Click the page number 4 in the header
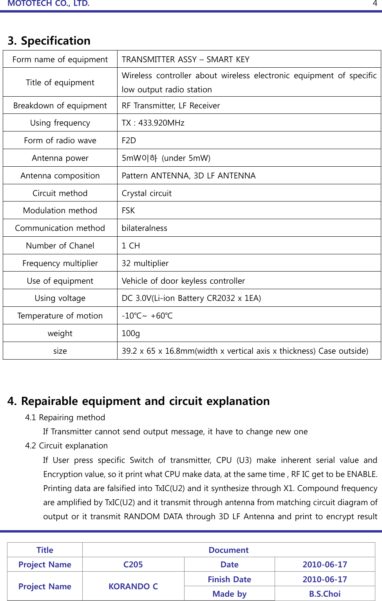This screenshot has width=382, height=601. tap(375, 4)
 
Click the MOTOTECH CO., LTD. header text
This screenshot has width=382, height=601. tap(49, 4)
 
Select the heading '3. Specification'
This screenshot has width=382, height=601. tap(49, 41)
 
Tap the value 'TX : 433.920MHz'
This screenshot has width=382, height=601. tap(153, 123)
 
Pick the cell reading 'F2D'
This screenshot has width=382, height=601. tap(129, 140)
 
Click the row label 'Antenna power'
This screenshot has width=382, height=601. tap(60, 158)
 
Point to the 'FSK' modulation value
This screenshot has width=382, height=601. tap(128, 211)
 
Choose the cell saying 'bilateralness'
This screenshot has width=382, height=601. tap(144, 228)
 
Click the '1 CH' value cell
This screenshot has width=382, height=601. tap(130, 246)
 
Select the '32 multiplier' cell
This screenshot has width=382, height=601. tap(145, 263)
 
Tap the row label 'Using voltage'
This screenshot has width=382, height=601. tap(60, 298)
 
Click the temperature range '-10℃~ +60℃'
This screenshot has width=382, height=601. tap(147, 316)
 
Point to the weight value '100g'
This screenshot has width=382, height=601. tap(130, 333)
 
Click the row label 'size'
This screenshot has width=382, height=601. tap(60, 351)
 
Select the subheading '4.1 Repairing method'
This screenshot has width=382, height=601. tap(65, 417)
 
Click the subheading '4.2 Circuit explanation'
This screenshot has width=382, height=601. tap(66, 446)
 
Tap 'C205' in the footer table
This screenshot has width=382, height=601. tap(133, 565)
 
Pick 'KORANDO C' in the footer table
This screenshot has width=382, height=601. tap(133, 587)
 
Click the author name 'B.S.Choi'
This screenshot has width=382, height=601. tap(324, 594)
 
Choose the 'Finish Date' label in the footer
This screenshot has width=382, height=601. tap(229, 579)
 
